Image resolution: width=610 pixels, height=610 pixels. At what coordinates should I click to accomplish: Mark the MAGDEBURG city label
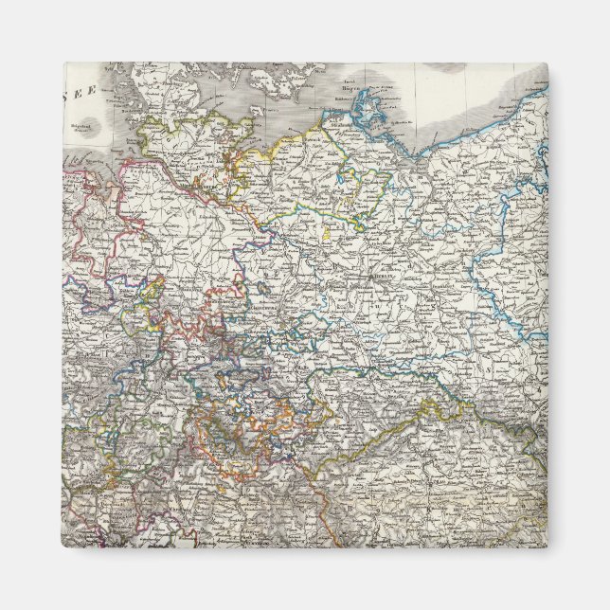[x=275, y=305]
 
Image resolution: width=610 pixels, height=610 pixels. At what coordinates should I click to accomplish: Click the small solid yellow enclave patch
[x=328, y=230]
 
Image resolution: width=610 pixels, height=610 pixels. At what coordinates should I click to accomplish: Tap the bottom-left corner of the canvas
[x=64, y=546]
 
